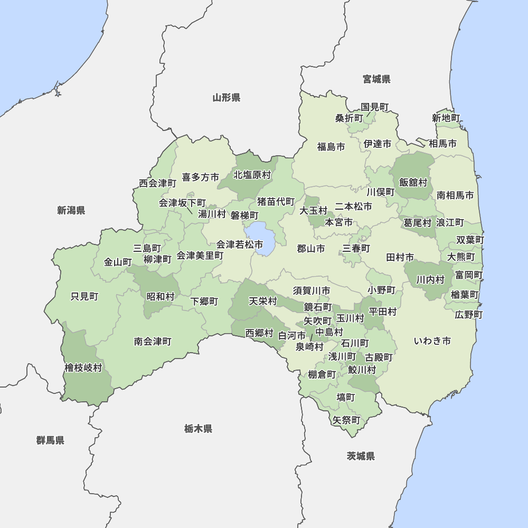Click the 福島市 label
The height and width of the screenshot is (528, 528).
pos(331,147)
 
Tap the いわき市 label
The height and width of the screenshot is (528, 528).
pos(432,341)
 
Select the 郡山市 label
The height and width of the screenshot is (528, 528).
pos(310,249)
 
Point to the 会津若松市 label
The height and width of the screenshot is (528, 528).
pos(240,244)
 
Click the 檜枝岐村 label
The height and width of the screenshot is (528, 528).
pos(83,368)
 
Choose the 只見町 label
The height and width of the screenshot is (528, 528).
pos(84,297)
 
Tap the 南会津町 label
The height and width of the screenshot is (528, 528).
pos(153,342)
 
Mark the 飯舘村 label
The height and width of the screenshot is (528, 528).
pos(413,183)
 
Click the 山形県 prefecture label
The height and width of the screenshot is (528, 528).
pos(227,98)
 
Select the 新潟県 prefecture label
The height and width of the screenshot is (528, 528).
pos(71,211)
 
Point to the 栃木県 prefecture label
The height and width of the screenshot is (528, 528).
pos(199,429)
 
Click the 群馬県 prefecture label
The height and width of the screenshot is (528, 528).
pos(51,440)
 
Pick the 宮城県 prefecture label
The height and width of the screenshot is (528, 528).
pos(376,80)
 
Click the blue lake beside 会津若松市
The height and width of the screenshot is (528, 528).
pos(260,237)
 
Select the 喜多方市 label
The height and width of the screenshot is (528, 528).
pos(200,177)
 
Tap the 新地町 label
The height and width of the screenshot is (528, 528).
pos(446,118)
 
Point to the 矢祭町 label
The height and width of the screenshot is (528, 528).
pos(346,420)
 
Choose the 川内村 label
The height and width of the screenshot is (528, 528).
pos(430,280)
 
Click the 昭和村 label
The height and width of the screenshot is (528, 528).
pos(160,297)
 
